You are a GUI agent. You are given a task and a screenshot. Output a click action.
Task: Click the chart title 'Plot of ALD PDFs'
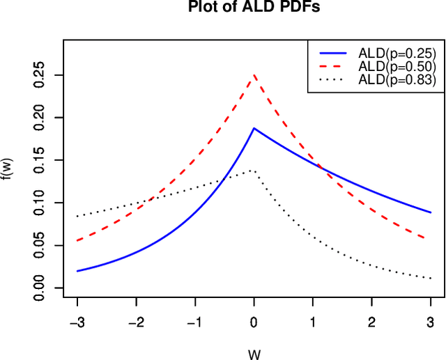click(x=254, y=8)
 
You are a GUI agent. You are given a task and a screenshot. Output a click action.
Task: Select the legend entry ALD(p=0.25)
click(x=397, y=52)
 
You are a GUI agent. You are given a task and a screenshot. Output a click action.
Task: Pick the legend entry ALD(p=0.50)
click(x=397, y=66)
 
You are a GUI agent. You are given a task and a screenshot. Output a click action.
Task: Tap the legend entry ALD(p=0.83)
click(x=397, y=80)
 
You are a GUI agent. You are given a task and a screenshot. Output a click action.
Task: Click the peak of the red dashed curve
click(x=254, y=75)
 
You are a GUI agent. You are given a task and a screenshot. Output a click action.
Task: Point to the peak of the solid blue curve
click(x=254, y=128)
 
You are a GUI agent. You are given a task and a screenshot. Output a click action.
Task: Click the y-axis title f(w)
click(x=8, y=170)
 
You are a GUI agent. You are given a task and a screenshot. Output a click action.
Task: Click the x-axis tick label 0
click(x=254, y=322)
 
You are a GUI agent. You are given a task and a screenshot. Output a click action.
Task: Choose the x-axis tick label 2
click(x=372, y=322)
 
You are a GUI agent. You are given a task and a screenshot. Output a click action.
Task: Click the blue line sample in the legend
click(x=334, y=52)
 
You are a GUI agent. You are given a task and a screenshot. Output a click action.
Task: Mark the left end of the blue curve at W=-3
click(x=77, y=271)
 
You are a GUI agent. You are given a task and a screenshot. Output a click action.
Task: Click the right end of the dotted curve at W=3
click(x=431, y=279)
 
